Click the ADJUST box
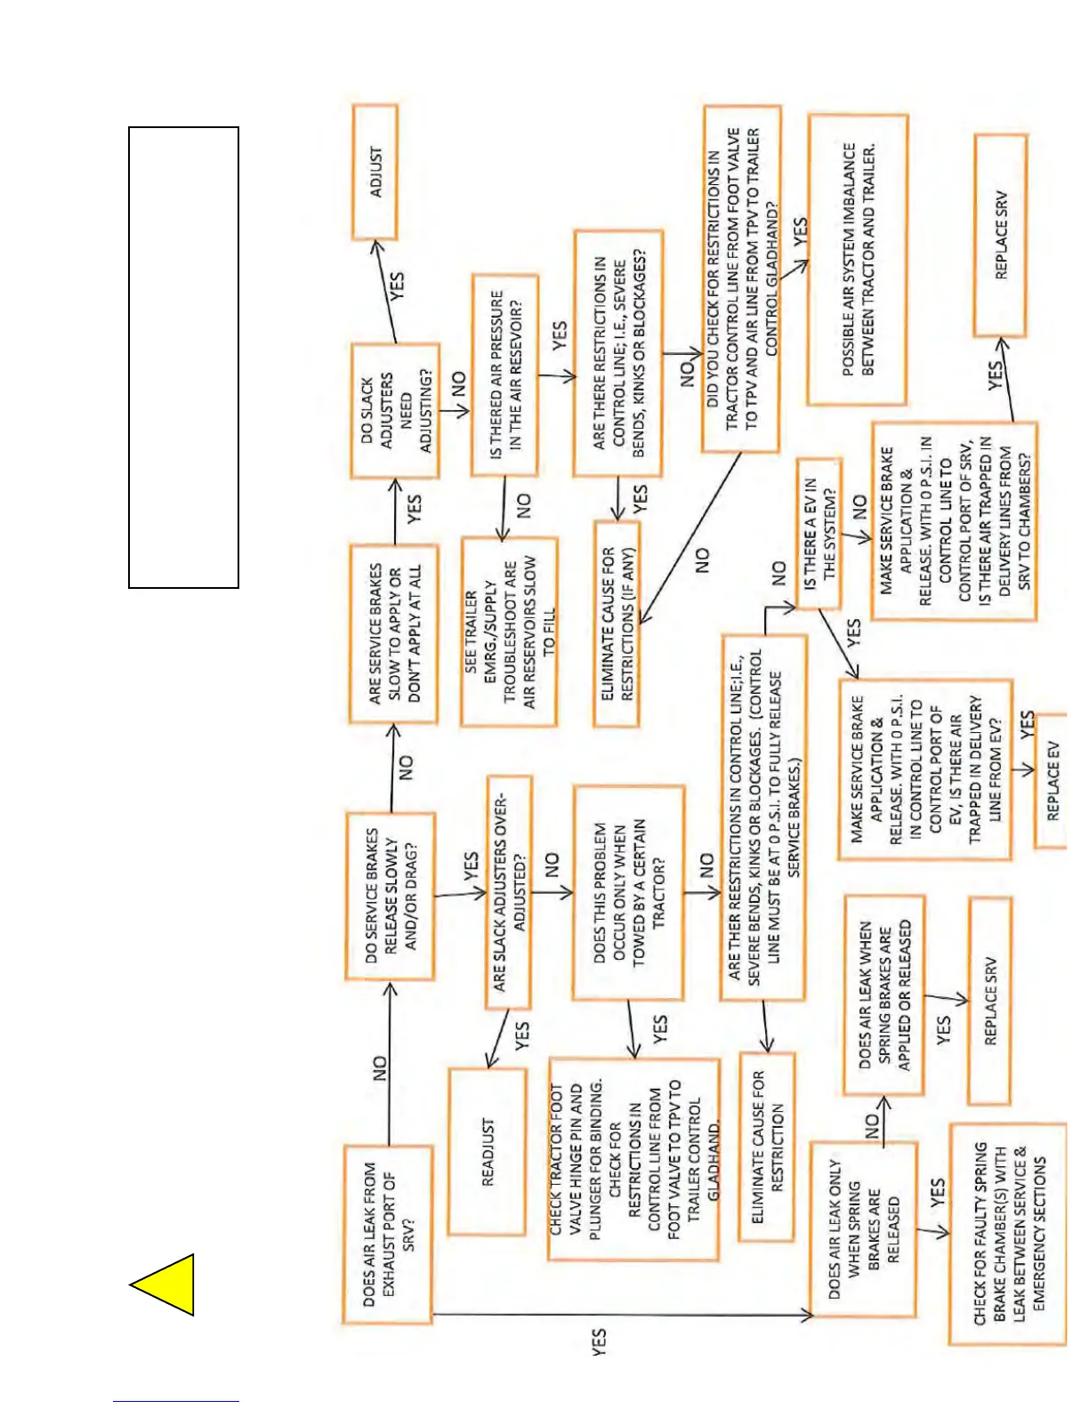point(375,172)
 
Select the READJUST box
point(488,1151)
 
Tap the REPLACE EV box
point(1052,780)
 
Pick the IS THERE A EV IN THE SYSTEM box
point(819,534)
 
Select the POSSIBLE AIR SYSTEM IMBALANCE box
point(858,260)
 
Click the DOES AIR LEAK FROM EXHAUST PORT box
point(389,1234)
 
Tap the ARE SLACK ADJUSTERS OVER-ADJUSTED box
point(509,892)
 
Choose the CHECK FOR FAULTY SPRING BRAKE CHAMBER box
point(1008,1234)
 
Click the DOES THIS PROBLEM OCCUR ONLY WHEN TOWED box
point(628,892)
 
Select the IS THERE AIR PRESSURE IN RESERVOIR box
point(505,374)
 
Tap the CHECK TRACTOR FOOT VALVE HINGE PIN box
point(633,1158)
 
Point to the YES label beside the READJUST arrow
point(522,1035)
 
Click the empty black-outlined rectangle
point(183,357)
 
